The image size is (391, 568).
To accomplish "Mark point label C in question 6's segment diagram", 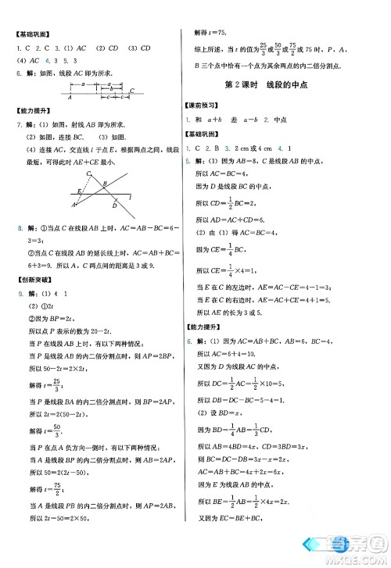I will (x=132, y=91).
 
